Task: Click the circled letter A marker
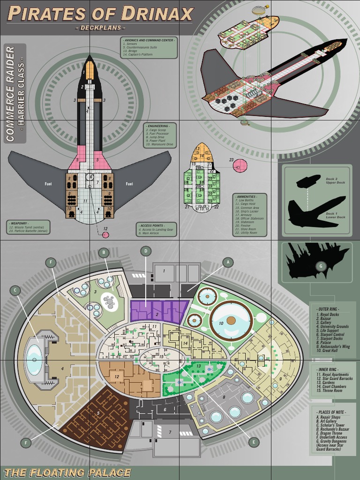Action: pos(227,262)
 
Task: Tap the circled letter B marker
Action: pos(104,253)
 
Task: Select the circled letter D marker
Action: pos(146,251)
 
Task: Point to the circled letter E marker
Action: pos(254,442)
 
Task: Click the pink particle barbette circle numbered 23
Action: pos(240,165)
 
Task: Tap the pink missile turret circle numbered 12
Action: pos(105,234)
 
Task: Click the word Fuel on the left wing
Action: pos(48,184)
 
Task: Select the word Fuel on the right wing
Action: pos(130,184)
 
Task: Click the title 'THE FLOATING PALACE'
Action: pos(67,472)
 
